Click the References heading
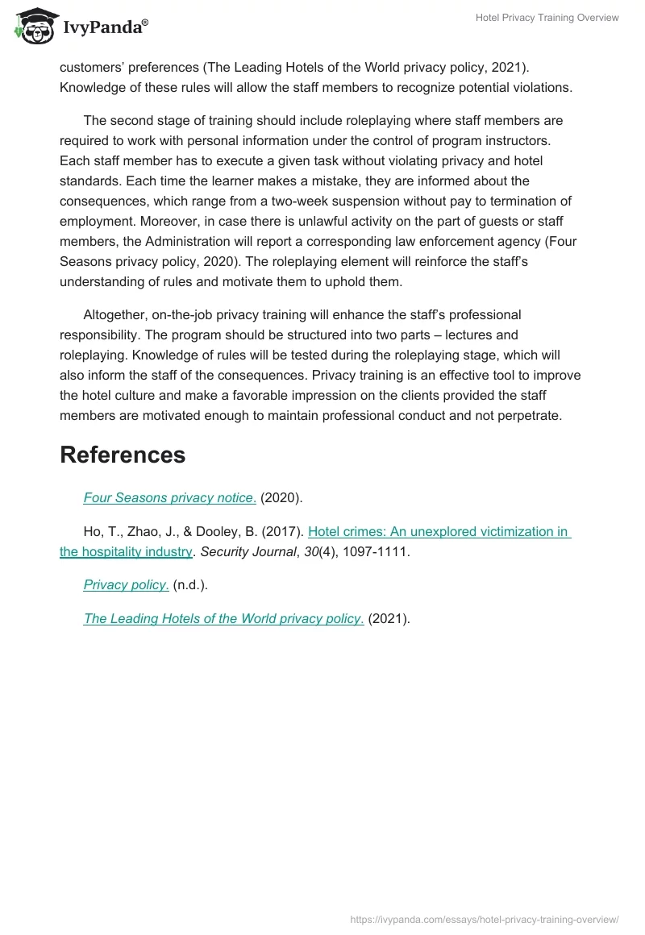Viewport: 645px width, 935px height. coord(123,455)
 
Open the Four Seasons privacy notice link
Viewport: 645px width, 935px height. coord(169,498)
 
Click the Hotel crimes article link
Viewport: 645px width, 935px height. coord(439,532)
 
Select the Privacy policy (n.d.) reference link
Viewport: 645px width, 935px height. coord(126,586)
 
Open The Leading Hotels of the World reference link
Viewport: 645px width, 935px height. coord(223,619)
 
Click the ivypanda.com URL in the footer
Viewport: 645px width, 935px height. coord(485,919)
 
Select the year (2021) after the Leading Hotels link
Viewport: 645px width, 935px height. coord(389,619)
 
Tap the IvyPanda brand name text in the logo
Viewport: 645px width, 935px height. coord(104,27)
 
